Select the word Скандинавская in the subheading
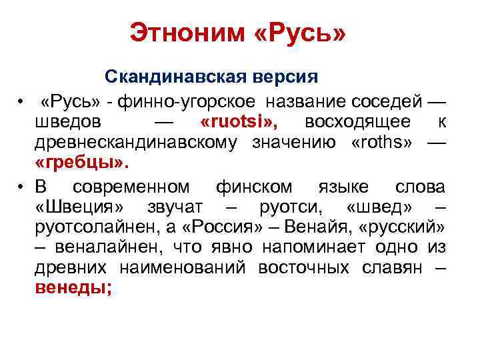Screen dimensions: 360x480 pyautogui.click(x=176, y=77)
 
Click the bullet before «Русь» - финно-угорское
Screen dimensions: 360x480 pyautogui.click(x=23, y=102)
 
